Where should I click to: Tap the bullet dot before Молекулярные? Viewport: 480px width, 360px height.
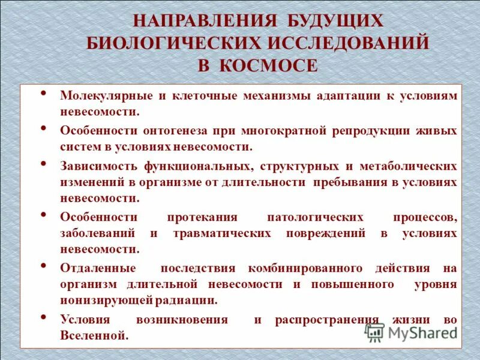(x=44, y=94)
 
